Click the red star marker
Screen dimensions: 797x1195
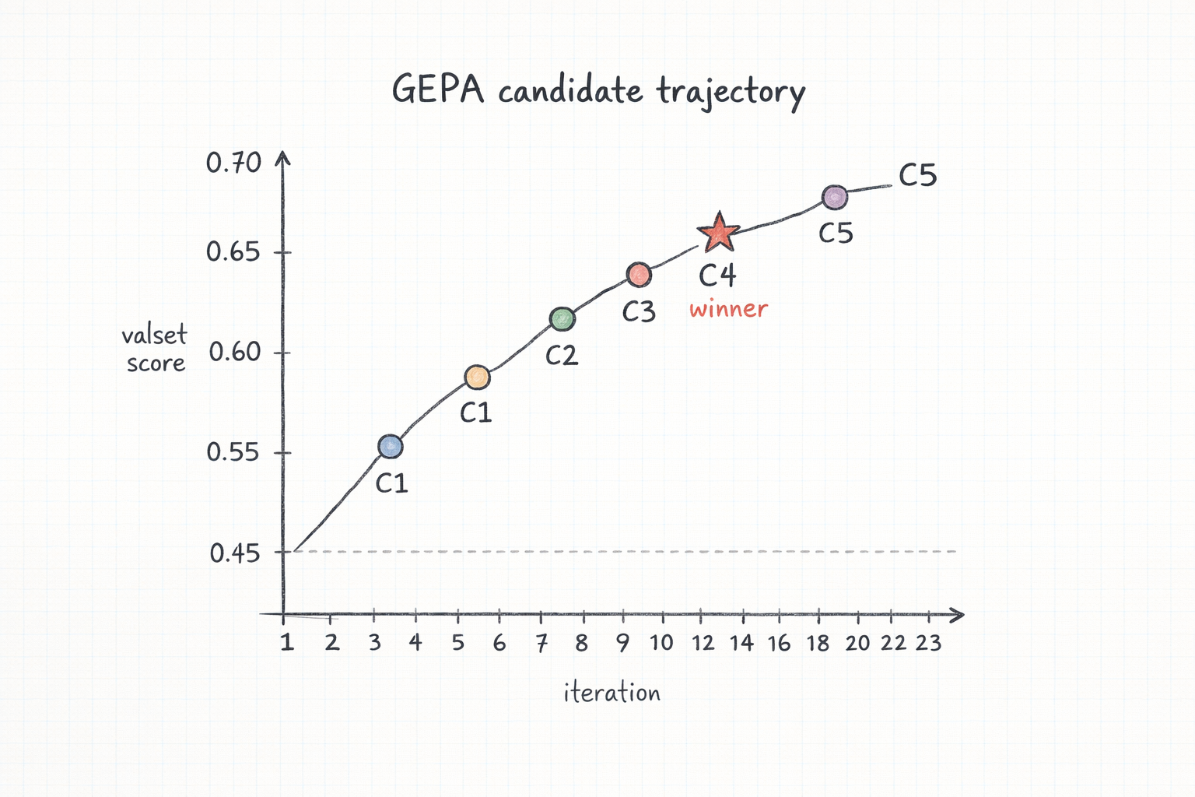coord(718,233)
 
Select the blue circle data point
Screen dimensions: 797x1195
coord(391,447)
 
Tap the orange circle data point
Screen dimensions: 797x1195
coord(477,377)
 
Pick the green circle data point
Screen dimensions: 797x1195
coord(562,319)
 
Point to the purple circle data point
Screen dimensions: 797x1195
coord(835,198)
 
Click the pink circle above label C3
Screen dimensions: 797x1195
coord(639,275)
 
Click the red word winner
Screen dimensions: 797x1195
coord(728,309)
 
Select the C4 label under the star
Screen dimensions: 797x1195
coord(717,276)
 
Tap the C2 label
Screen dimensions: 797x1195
coord(561,356)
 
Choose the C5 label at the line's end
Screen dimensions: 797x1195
coord(917,175)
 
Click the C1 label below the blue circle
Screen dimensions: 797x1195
coord(391,483)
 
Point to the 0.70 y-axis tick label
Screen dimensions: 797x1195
coord(233,163)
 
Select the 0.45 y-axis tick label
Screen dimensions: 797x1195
coord(234,553)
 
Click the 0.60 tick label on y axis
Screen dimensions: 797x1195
coord(234,352)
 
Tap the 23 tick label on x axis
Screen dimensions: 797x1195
coord(928,643)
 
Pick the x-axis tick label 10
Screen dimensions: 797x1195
coord(661,643)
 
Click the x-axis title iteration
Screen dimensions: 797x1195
coord(612,692)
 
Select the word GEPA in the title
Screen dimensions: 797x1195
coord(437,90)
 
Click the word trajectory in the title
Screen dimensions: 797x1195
coord(731,92)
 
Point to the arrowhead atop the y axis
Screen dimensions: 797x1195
coord(283,158)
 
